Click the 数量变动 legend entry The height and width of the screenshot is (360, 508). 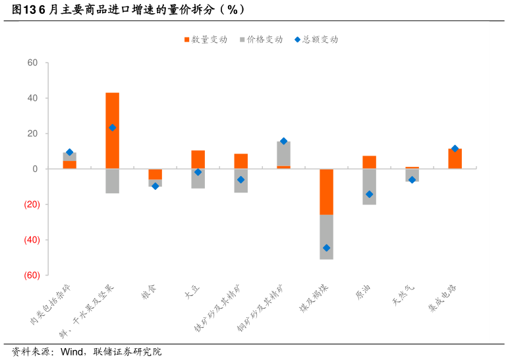(206, 40)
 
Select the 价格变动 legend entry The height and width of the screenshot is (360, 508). (261, 40)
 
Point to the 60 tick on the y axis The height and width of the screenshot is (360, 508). (33, 63)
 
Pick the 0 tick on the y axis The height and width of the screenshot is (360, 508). (36, 169)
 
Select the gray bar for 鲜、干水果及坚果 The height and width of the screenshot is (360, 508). (112, 181)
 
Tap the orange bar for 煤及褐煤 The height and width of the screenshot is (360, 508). (326, 192)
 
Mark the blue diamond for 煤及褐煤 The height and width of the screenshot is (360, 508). (326, 248)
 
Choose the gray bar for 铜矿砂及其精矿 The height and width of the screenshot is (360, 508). (283, 154)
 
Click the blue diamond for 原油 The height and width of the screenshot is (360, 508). (369, 195)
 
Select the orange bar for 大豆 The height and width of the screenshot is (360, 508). (198, 159)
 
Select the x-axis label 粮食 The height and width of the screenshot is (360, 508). (149, 292)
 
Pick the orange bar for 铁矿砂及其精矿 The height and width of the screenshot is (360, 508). (240, 161)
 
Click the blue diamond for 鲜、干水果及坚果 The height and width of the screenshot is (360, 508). (112, 128)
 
